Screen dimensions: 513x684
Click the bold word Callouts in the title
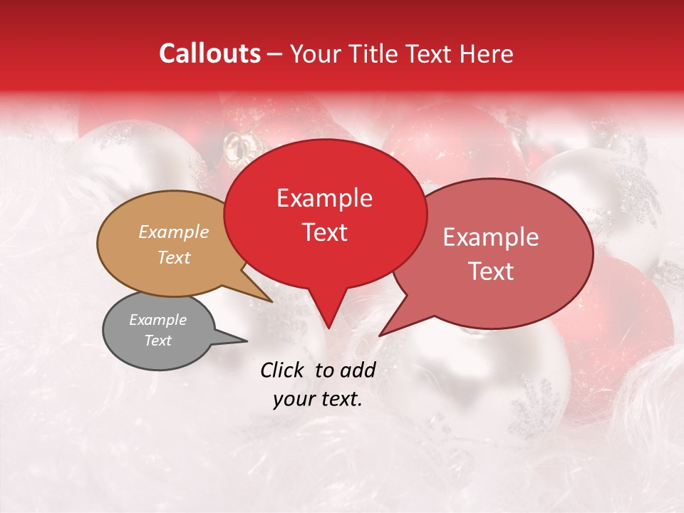point(209,53)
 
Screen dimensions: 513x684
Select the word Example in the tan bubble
point(174,232)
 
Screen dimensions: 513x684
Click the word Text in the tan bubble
point(174,257)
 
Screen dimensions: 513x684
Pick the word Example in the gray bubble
point(157,320)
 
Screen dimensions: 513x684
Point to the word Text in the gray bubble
point(157,341)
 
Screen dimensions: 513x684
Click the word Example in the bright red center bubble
point(324,197)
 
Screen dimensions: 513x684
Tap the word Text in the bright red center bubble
point(324,232)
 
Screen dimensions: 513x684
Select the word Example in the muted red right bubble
point(491,237)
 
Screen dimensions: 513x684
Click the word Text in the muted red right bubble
point(491,271)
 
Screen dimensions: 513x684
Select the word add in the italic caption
point(357,370)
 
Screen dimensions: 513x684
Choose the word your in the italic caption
point(294,399)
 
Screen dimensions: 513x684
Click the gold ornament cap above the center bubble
point(235,146)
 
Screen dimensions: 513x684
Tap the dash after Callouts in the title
point(275,53)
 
